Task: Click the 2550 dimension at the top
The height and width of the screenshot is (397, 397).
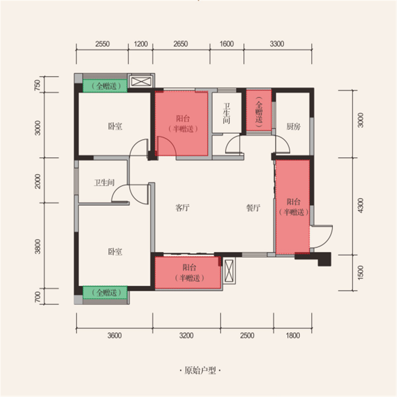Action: click(x=102, y=44)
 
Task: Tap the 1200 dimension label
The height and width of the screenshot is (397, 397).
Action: click(x=141, y=44)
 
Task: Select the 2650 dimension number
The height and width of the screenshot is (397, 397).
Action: click(x=181, y=44)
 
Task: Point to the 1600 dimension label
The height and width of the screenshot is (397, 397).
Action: click(x=227, y=44)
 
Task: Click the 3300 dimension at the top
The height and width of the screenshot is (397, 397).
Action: click(x=277, y=44)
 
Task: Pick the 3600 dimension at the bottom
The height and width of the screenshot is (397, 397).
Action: click(x=114, y=335)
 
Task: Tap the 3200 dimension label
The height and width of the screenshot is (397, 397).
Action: click(x=186, y=335)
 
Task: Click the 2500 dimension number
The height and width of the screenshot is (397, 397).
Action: click(x=247, y=335)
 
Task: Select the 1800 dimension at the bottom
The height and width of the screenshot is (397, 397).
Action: click(x=293, y=335)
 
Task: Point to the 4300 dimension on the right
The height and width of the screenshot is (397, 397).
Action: click(x=361, y=205)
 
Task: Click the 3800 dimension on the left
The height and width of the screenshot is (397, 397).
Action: click(x=38, y=246)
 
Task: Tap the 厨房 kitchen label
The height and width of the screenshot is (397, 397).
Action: click(x=293, y=126)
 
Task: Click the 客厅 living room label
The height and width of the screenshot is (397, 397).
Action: click(x=182, y=208)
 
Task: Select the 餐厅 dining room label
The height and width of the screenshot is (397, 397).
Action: click(x=253, y=208)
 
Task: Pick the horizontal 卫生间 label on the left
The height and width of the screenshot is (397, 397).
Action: click(x=104, y=183)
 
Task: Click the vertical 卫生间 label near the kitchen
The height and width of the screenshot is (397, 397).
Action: click(x=226, y=113)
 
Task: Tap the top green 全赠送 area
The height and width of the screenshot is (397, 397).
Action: click(x=105, y=86)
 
